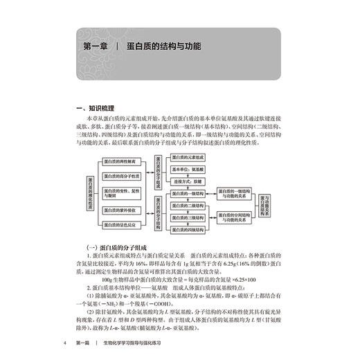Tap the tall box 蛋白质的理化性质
[x=89, y=194]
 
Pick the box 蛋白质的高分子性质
[x=122, y=177]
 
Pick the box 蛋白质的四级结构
[x=190, y=230]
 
